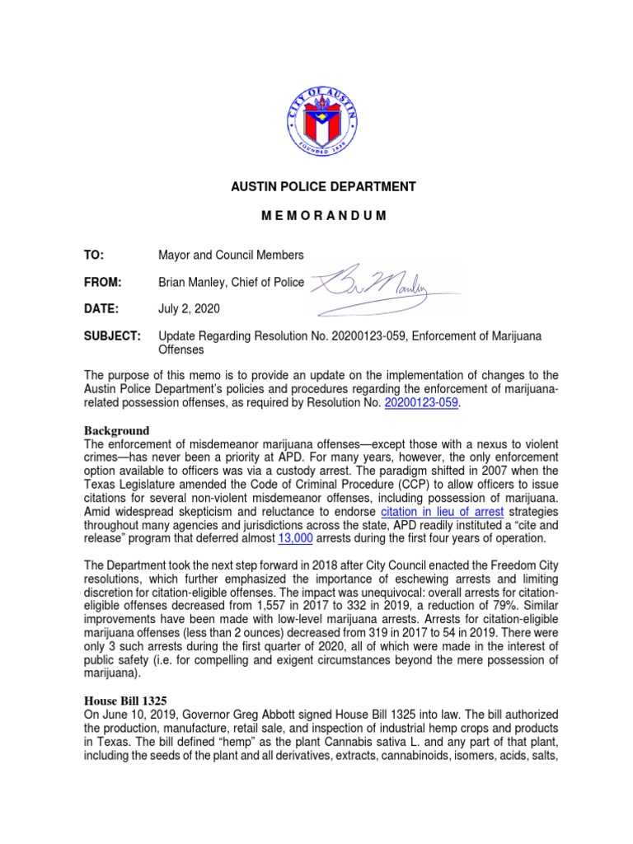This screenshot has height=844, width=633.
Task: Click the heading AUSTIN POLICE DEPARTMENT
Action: click(x=322, y=187)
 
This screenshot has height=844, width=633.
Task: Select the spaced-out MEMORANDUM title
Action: click(x=322, y=215)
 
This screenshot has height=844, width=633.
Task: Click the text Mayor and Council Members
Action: click(x=231, y=255)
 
